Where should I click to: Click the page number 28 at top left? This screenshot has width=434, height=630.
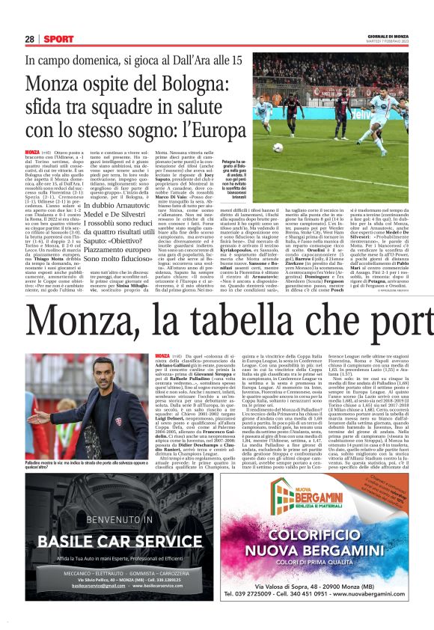tap(30, 38)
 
